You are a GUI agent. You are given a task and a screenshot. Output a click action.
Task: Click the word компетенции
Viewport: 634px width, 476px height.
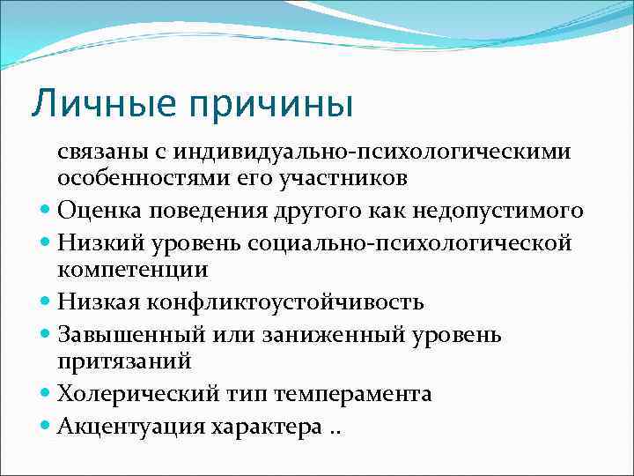coord(133,269)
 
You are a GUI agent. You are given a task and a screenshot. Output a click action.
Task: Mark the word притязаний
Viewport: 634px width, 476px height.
coord(124,361)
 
